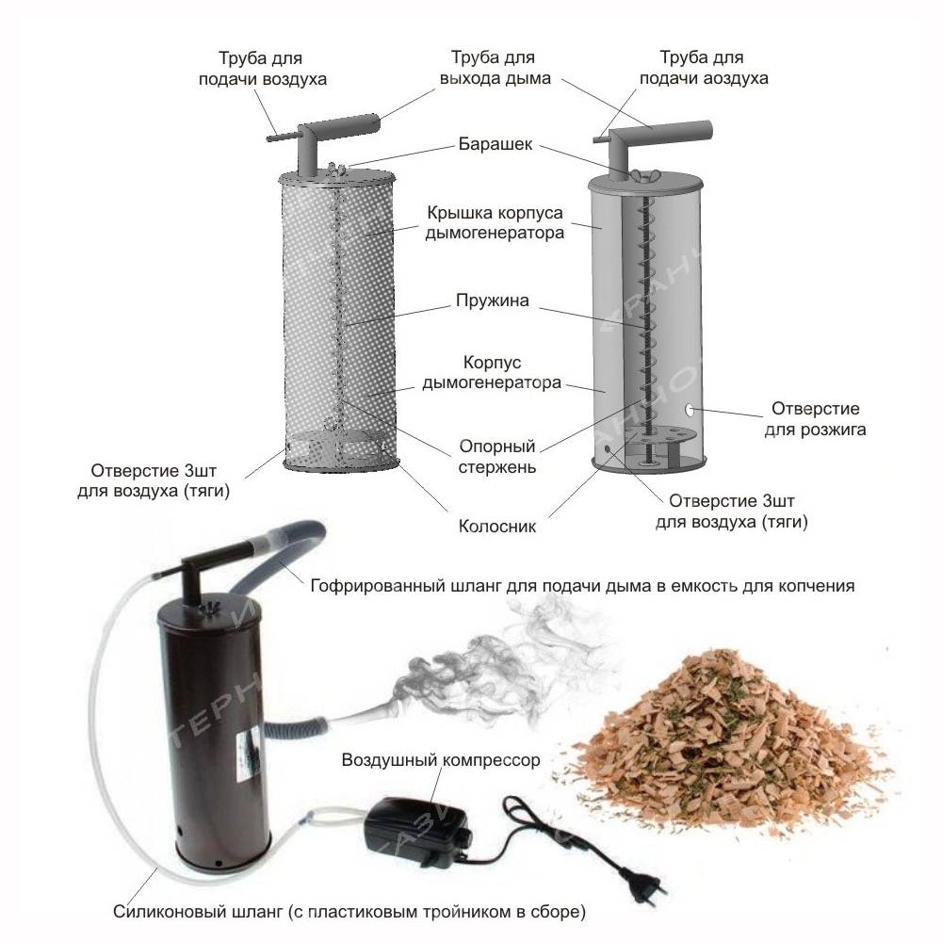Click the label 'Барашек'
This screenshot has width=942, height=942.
(495, 144)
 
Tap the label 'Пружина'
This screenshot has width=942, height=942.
(493, 300)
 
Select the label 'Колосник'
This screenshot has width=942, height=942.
(496, 527)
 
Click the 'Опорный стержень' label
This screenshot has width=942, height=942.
(496, 457)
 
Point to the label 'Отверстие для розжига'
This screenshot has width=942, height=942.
(815, 419)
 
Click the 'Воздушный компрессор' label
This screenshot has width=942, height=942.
(440, 760)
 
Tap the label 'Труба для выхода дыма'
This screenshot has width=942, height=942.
(495, 68)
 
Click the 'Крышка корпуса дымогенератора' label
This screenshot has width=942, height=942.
(495, 222)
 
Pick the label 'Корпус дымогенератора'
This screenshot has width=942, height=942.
(492, 372)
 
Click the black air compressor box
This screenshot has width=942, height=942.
(416, 832)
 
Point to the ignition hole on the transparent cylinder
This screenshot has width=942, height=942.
(690, 411)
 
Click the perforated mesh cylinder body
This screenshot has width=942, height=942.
(339, 318)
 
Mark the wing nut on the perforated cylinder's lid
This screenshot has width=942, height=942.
(337, 169)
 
